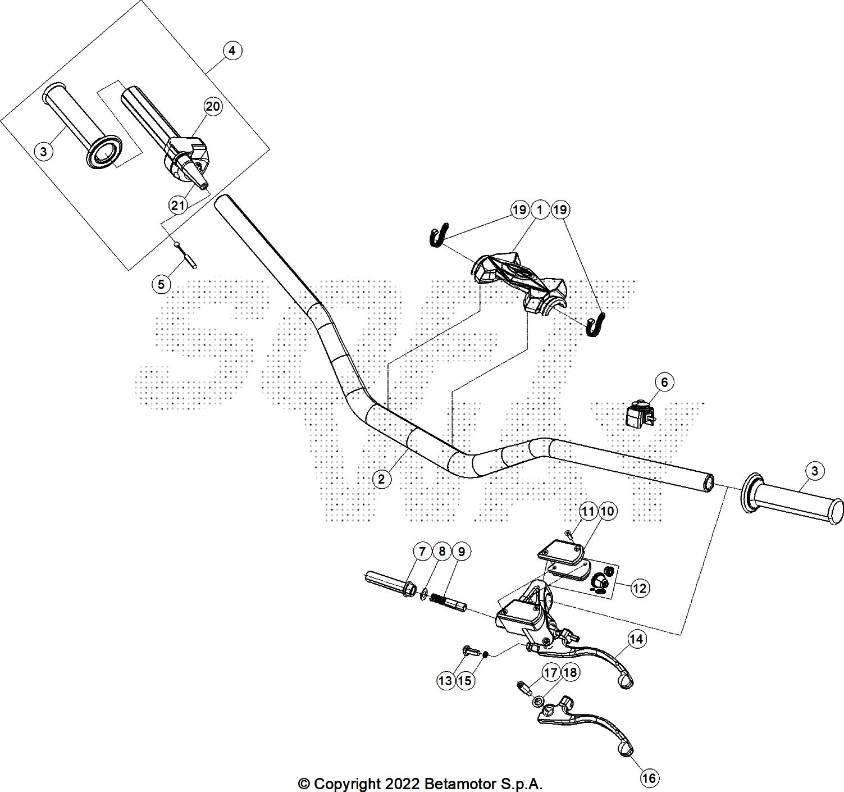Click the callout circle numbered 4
click(232, 51)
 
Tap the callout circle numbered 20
click(212, 106)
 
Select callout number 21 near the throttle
click(178, 206)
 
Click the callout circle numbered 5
click(161, 284)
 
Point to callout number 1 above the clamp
click(539, 210)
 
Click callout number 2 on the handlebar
click(382, 479)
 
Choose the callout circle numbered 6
click(664, 383)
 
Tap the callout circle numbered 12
click(640, 588)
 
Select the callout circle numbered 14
click(636, 639)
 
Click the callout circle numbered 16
click(649, 778)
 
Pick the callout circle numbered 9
click(461, 552)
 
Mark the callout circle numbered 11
click(588, 511)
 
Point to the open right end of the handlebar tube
click(709, 481)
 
